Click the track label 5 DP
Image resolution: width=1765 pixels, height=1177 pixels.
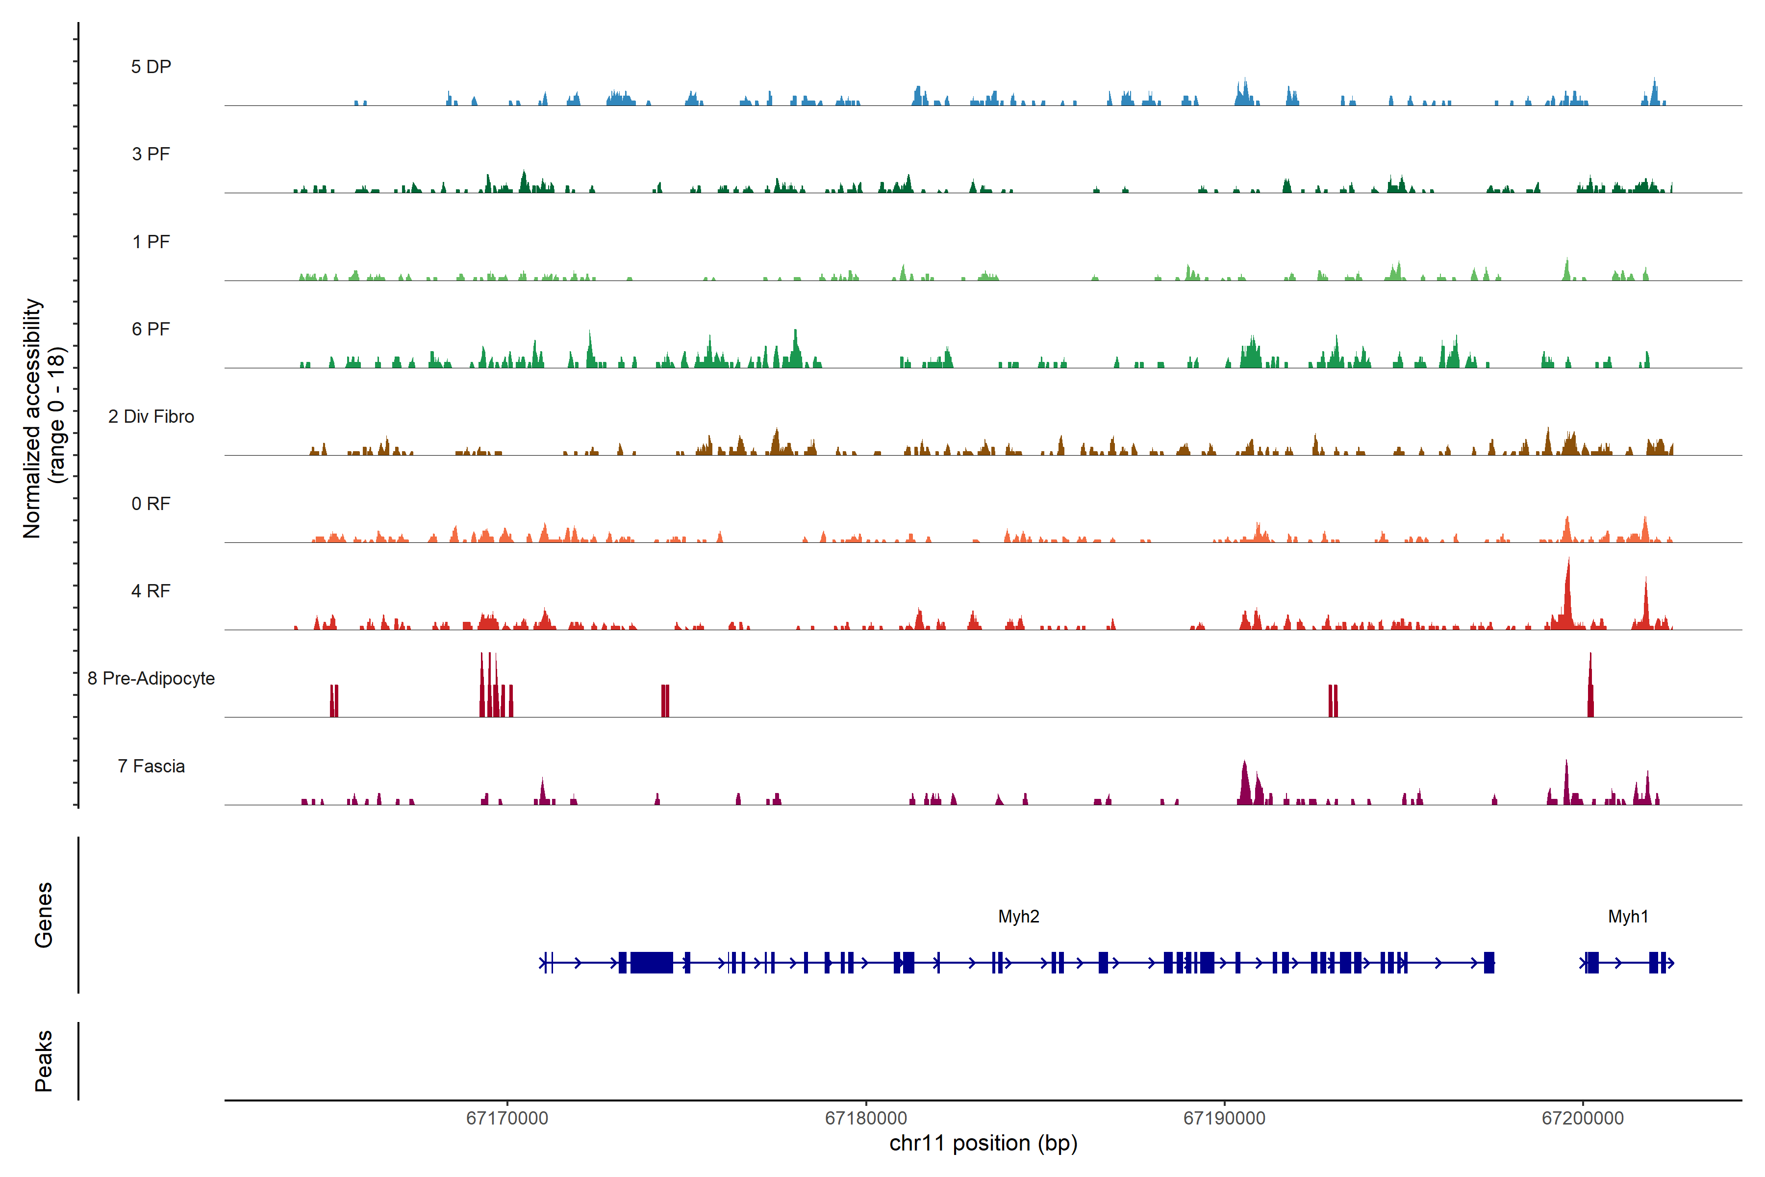tap(151, 67)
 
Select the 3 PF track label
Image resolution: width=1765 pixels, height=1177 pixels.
tap(151, 154)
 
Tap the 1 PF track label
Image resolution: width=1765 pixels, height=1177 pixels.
tap(151, 242)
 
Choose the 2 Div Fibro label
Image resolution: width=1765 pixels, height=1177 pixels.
tap(151, 416)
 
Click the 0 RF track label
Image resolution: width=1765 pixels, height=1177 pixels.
tap(151, 504)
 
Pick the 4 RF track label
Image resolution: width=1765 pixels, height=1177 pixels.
tap(151, 591)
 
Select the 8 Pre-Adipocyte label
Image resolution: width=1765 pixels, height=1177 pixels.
tap(151, 679)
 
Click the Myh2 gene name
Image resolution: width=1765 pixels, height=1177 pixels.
tap(1018, 917)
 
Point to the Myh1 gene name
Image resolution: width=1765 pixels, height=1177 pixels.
tap(1628, 917)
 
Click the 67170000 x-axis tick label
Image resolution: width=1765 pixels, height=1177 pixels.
tap(507, 1119)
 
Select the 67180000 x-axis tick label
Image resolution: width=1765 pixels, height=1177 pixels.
tap(866, 1119)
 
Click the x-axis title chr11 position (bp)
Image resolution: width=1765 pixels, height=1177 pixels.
tap(983, 1143)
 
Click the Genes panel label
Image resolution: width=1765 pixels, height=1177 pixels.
tap(44, 915)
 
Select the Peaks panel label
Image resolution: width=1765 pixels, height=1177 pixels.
tap(44, 1061)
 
